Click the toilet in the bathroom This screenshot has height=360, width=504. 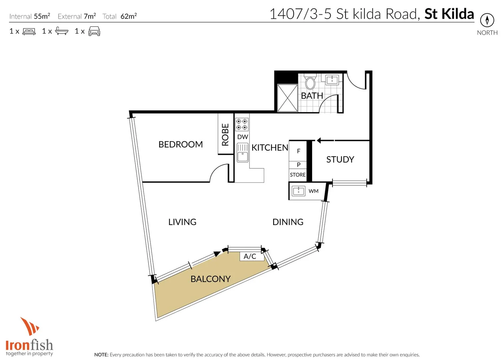coord(310,82)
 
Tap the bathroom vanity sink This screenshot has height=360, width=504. coord(332,80)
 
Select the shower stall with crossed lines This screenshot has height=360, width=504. coord(287,98)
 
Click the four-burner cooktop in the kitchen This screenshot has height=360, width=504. coord(242,124)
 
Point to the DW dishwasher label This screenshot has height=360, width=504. coord(243,137)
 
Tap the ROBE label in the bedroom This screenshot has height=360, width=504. coord(226,135)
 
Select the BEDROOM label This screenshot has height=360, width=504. coord(181,144)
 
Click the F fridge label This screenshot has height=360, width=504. coord(298,151)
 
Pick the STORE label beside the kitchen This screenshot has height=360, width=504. coord(297,175)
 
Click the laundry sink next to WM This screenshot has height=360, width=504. coord(298,191)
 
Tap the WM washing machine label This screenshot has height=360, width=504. coord(313,191)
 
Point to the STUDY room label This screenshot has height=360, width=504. coord(340,159)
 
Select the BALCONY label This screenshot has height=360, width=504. coord(211,279)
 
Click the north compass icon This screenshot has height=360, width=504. coord(487,20)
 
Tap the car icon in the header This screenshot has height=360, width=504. coord(94,31)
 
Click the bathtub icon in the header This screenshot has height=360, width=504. coord(62,31)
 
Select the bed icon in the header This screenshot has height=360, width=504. coord(29,31)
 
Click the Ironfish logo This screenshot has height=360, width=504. coord(29,337)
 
